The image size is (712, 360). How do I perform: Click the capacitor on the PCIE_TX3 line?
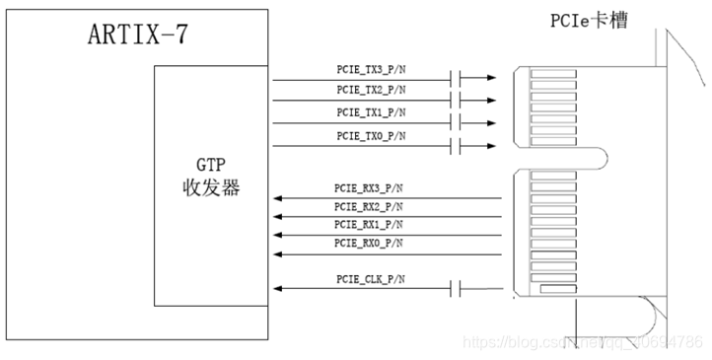coord(456,79)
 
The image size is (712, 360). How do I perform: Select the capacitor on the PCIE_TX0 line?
coord(456,147)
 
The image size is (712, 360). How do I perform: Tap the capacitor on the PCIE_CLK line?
coord(456,288)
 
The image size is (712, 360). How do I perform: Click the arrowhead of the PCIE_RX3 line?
coord(279,197)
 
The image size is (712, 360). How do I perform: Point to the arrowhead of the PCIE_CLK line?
coord(279,288)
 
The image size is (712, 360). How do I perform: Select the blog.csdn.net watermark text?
coord(582,343)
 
